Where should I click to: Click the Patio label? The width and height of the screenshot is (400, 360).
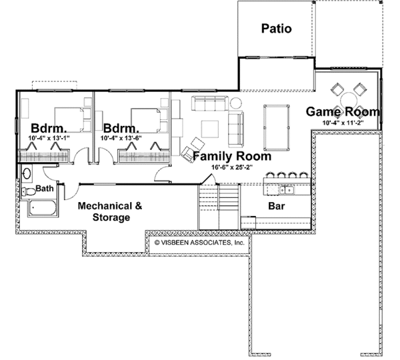coord(276,29)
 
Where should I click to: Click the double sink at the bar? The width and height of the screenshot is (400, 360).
coord(287,175)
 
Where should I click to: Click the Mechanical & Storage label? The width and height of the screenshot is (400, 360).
coord(110,211)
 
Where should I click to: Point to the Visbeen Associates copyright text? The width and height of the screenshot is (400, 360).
coord(200,243)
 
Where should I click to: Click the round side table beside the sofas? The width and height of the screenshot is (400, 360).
coord(237,103)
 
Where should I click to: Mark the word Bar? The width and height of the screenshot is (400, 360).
coord(277,207)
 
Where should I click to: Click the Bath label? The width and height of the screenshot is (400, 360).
coord(45,189)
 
